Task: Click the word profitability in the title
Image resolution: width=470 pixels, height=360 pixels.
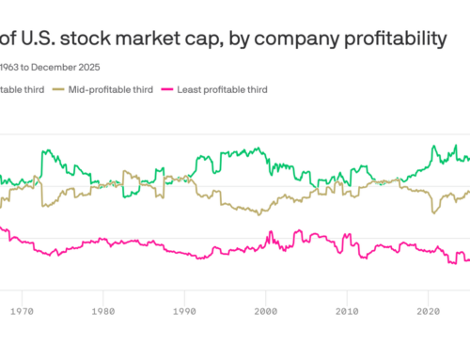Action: [384, 39]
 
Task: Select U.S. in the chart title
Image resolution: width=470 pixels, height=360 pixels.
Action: [37, 39]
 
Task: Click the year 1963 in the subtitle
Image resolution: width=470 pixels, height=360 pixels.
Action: [10, 67]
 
